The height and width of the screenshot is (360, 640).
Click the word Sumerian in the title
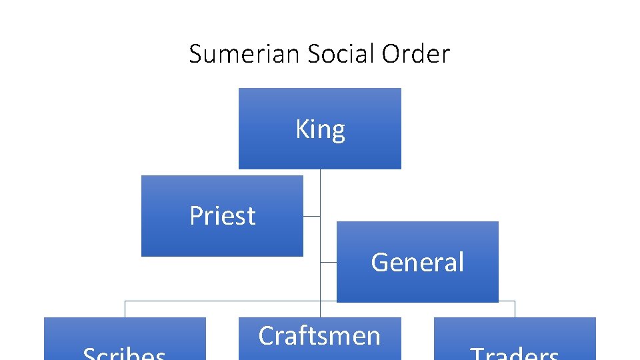[245, 54]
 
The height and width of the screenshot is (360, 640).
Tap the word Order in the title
[416, 54]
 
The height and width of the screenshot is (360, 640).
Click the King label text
[320, 129]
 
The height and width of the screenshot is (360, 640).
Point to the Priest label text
[222, 216]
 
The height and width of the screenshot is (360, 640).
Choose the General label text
[417, 262]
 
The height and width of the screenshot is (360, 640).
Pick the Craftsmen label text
[319, 335]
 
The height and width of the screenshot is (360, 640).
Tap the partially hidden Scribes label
[125, 353]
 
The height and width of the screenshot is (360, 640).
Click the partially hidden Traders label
[515, 353]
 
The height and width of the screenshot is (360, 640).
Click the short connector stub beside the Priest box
[311, 216]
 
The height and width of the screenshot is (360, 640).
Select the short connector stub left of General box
[328, 262]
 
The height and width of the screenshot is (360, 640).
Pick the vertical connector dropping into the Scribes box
[125, 309]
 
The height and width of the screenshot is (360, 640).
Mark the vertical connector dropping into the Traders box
[515, 309]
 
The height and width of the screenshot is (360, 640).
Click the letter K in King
[302, 129]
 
